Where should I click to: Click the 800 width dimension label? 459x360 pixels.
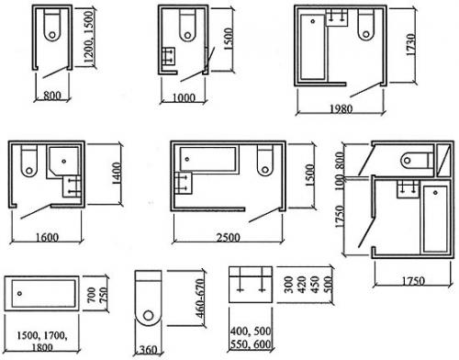click(52, 96)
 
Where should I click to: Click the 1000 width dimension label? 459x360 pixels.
click(184, 98)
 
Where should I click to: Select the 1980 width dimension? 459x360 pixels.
click(341, 108)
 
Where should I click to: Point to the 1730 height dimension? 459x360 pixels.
click(411, 44)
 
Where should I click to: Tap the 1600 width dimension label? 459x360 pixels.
click(47, 237)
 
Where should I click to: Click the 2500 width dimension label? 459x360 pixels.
click(229, 237)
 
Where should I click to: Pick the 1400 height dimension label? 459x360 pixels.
click(118, 174)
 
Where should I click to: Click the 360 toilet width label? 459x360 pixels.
click(148, 350)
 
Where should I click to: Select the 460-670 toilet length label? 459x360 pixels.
click(199, 298)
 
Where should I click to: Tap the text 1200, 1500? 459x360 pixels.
click(88, 38)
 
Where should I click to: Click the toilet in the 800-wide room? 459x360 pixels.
click(52, 25)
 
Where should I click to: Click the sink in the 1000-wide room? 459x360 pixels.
click(168, 56)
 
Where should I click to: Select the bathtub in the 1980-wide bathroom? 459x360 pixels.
click(312, 48)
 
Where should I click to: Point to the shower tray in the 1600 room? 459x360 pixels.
click(63, 163)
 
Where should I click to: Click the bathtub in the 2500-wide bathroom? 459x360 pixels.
click(208, 159)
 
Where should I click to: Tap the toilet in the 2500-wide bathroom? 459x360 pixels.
click(265, 161)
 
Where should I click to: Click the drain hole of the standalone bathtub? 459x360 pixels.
click(19, 293)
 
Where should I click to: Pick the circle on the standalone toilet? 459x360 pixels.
click(149, 315)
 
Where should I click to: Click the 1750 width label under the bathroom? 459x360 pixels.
click(413, 281)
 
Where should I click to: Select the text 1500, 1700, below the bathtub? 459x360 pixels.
click(42, 336)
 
